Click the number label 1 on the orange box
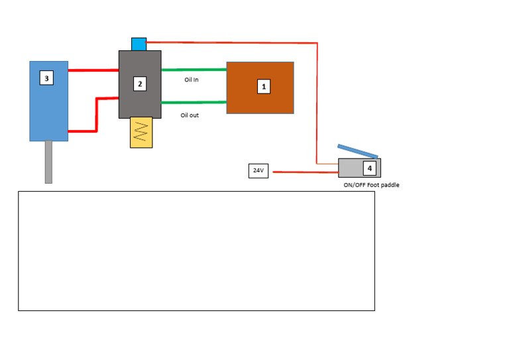coord(264,86)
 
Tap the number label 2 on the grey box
coord(140,84)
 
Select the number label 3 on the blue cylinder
coord(46,78)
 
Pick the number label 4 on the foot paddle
coord(369,168)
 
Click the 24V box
coord(258,171)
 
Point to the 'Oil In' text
coord(192,80)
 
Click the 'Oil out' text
coord(190,115)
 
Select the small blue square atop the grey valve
coord(139,44)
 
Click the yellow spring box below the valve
coord(141,132)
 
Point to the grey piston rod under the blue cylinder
coord(48,162)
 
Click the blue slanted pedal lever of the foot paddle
coord(357,151)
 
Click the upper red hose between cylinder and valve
coord(93,70)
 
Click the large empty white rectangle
coord(196,265)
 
